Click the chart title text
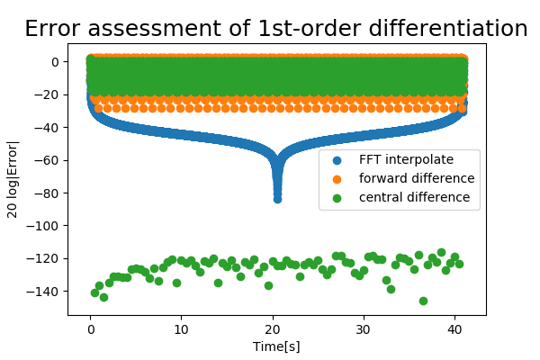pyautogui.click(x=275, y=29)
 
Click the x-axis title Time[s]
pyautogui.click(x=276, y=346)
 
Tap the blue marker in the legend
pyautogui.click(x=337, y=160)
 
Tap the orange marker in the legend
pyautogui.click(x=337, y=178)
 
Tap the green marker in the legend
pyautogui.click(x=337, y=196)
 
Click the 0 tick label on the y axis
pyautogui.click(x=55, y=62)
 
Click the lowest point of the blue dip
pyautogui.click(x=277, y=199)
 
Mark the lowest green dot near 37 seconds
pyautogui.click(x=423, y=301)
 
